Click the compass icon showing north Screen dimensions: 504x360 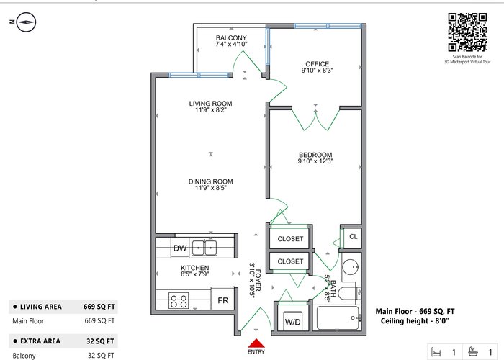[26, 22]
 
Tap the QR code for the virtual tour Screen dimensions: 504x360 [467, 32]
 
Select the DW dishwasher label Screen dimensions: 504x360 [180, 248]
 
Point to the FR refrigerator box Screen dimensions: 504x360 [222, 299]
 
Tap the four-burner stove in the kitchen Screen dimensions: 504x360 [179, 301]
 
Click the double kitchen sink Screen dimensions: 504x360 [204, 248]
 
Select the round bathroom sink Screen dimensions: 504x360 [351, 267]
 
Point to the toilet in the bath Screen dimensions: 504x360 [348, 292]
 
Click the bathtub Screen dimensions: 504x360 [338, 318]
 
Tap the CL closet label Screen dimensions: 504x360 [354, 237]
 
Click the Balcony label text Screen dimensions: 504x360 [231, 37]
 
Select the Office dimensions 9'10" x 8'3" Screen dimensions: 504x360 [318, 70]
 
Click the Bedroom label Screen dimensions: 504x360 [315, 155]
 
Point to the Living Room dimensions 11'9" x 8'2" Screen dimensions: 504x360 [211, 109]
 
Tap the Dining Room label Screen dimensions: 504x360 [210, 181]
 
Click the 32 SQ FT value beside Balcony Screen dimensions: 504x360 [101, 355]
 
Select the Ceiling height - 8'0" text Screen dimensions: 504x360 [415, 321]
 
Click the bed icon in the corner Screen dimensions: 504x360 [436, 351]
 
